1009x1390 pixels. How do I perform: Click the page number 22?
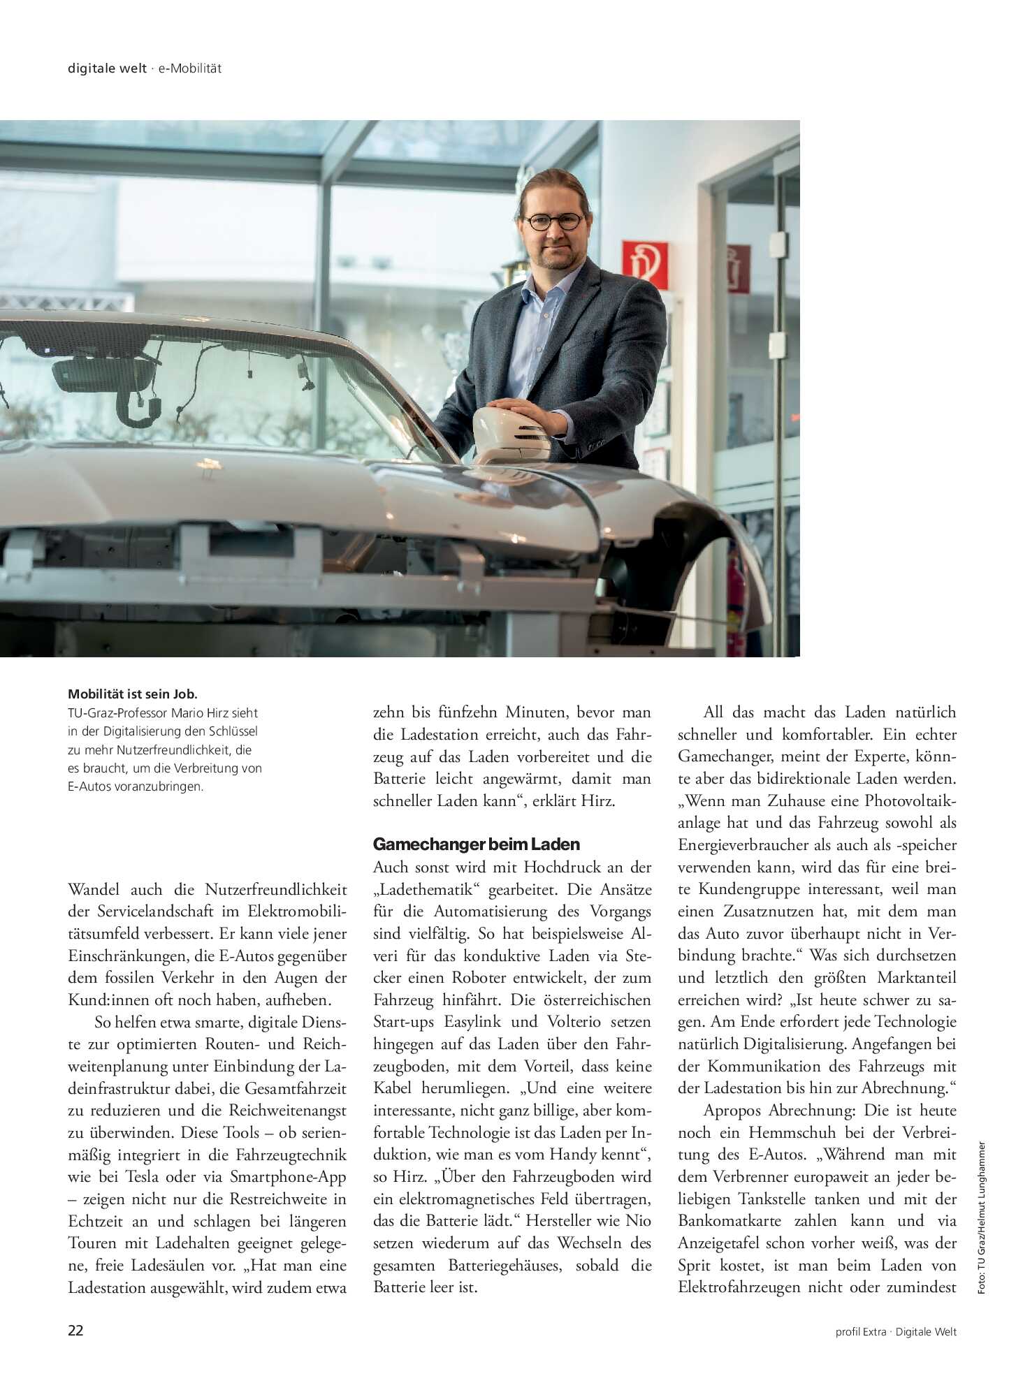[75, 1331]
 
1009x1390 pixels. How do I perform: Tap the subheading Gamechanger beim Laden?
[476, 844]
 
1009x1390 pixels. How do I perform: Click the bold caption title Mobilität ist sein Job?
[133, 694]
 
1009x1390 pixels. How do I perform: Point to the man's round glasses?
[553, 221]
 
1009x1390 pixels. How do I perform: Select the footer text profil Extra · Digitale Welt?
[895, 1331]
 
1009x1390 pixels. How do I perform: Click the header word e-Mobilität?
[189, 68]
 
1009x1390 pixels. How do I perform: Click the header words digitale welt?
[107, 68]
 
